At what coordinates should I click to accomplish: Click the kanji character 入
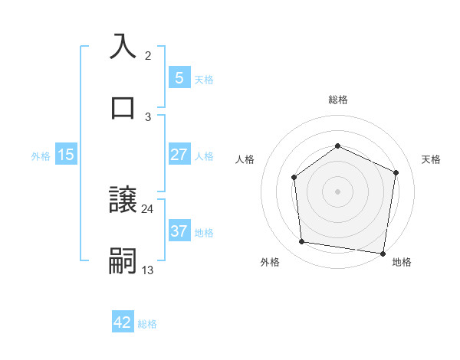pyautogui.click(x=123, y=46)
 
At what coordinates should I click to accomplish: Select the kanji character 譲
pyautogui.click(x=123, y=199)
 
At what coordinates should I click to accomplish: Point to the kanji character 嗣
pyautogui.click(x=123, y=260)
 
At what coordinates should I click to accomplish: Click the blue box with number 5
pyautogui.click(x=179, y=77)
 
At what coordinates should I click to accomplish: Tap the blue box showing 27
pyautogui.click(x=179, y=155)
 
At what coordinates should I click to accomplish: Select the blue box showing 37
pyautogui.click(x=179, y=231)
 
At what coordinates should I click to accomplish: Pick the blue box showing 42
pyautogui.click(x=123, y=322)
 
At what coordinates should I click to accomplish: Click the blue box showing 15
pyautogui.click(x=66, y=155)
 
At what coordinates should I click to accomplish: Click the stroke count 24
pyautogui.click(x=148, y=208)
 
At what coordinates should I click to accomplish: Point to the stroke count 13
pyautogui.click(x=148, y=270)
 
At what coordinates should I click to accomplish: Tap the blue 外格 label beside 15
pyautogui.click(x=41, y=155)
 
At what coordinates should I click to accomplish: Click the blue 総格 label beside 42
pyautogui.click(x=147, y=323)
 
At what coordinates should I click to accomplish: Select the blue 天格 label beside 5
pyautogui.click(x=204, y=79)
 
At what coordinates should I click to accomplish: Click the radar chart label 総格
pyautogui.click(x=337, y=100)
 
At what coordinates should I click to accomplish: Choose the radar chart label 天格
pyautogui.click(x=432, y=159)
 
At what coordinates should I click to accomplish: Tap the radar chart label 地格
pyautogui.click(x=402, y=262)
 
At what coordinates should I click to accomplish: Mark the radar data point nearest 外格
pyautogui.click(x=302, y=242)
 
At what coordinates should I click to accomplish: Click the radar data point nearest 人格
pyautogui.click(x=294, y=178)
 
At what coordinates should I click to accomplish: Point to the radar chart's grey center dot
pyautogui.click(x=337, y=191)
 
